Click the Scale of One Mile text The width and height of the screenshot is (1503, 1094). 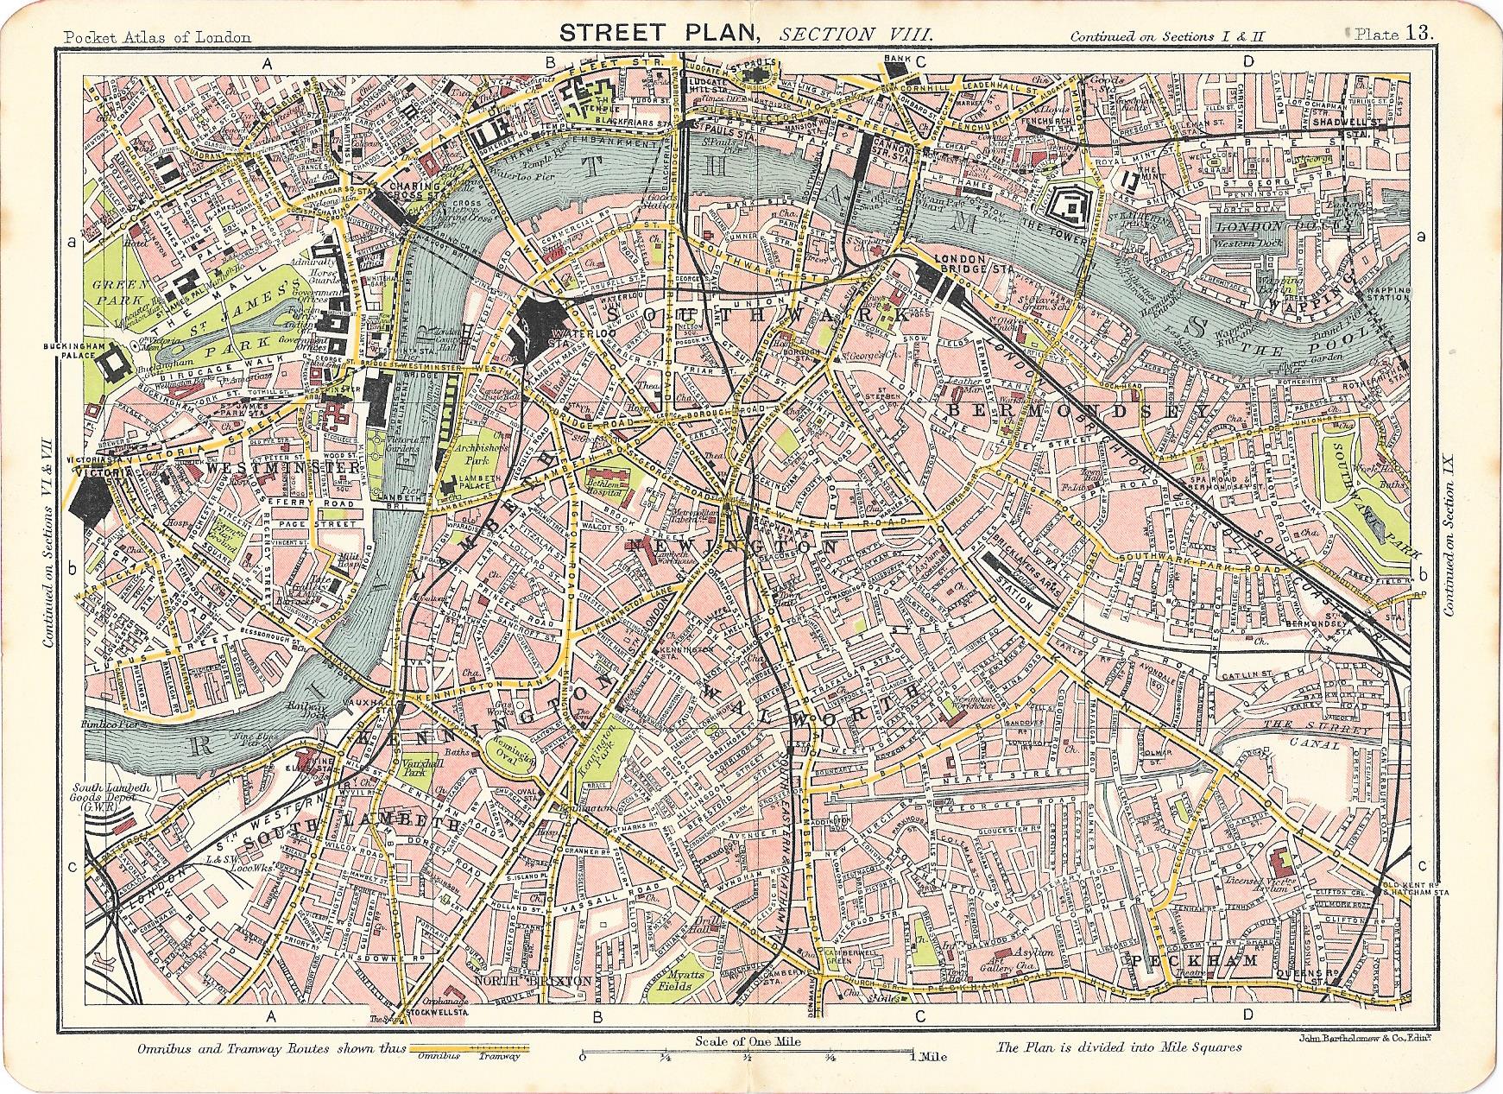748,1041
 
